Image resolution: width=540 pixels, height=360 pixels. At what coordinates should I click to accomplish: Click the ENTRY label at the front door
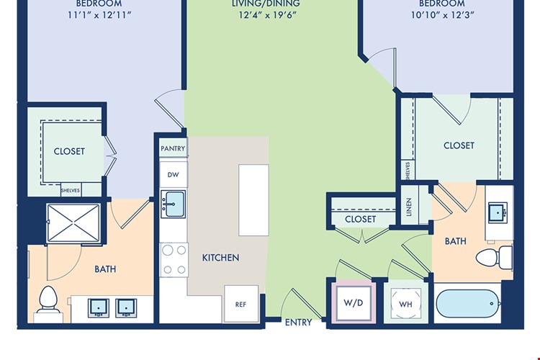point(298,322)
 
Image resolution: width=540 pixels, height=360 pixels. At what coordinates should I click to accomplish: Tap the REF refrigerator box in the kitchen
point(241,304)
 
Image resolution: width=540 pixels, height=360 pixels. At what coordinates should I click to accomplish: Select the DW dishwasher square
point(174,175)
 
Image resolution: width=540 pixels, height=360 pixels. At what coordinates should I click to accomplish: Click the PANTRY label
point(173,148)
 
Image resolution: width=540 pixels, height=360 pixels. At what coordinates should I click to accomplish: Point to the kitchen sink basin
point(174,204)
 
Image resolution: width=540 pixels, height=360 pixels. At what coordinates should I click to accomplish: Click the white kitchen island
point(254,200)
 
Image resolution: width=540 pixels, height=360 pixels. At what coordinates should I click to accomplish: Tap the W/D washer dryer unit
point(354,303)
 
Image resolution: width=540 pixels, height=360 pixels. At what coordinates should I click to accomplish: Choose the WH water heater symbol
point(406,304)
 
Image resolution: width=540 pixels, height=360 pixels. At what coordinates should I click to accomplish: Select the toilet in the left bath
point(48,300)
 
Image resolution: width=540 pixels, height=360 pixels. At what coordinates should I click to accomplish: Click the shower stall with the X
point(73,223)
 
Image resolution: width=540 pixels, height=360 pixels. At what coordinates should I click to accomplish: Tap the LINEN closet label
point(409,207)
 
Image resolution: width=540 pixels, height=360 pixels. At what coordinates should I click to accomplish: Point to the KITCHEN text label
point(220,258)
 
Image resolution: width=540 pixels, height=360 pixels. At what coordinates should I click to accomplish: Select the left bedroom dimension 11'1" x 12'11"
point(99,15)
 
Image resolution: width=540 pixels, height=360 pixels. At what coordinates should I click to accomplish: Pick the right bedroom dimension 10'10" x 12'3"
point(443,15)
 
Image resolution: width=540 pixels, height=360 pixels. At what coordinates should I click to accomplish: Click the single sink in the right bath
point(497,213)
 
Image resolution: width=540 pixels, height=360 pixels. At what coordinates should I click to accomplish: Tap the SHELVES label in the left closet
point(71,191)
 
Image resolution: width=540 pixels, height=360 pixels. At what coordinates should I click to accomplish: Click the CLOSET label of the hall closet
point(360,219)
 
